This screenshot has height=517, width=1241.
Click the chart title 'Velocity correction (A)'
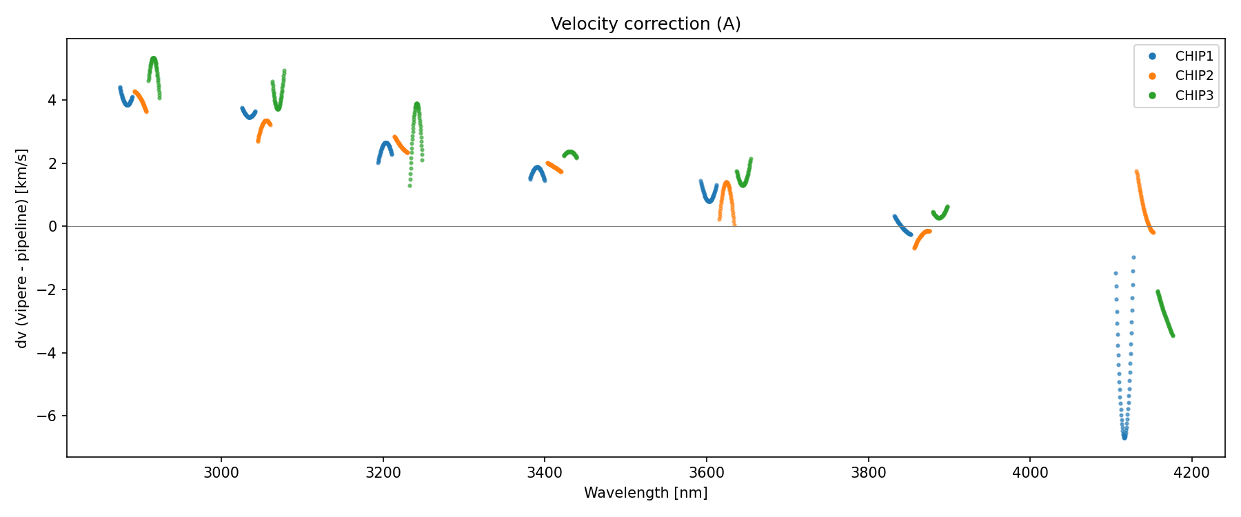(x=645, y=24)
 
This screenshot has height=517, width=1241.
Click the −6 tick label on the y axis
(x=52, y=416)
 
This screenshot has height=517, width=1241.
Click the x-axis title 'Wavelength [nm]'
(x=645, y=493)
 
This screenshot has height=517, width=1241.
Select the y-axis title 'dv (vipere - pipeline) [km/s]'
(x=22, y=247)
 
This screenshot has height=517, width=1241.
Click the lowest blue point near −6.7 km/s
(x=1124, y=437)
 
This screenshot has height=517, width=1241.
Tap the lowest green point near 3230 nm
(x=410, y=185)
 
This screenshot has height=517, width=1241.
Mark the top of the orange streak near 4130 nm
(x=1136, y=172)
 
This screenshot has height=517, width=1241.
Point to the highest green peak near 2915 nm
(x=153, y=59)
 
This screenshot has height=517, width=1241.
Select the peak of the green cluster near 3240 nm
(x=416, y=105)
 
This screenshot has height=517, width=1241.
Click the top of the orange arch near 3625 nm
(x=727, y=183)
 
